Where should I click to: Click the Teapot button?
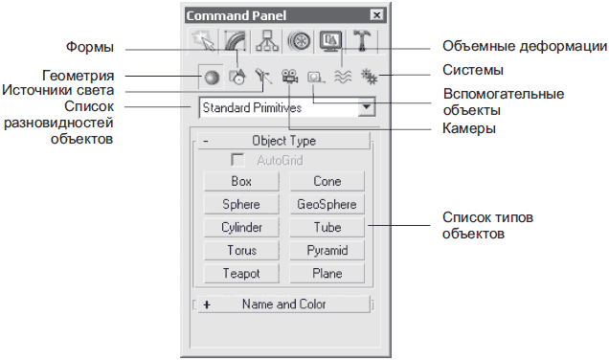pyautogui.click(x=241, y=274)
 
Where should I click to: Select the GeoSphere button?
pyautogui.click(x=327, y=204)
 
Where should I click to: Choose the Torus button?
pyautogui.click(x=241, y=251)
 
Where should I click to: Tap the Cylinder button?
pyautogui.click(x=241, y=227)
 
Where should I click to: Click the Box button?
pyautogui.click(x=241, y=181)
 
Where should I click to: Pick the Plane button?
pyautogui.click(x=327, y=274)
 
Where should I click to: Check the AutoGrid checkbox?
pyautogui.click(x=237, y=160)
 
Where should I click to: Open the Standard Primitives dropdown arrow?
pyautogui.click(x=367, y=107)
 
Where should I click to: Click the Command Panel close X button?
pyautogui.click(x=376, y=15)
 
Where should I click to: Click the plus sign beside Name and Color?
pyautogui.click(x=207, y=304)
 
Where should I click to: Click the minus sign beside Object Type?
pyautogui.click(x=206, y=141)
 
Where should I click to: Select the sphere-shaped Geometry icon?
pyautogui.click(x=212, y=78)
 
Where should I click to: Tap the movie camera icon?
pyautogui.click(x=290, y=76)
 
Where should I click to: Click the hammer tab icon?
pyautogui.click(x=362, y=40)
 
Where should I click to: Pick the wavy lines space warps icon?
pyautogui.click(x=343, y=77)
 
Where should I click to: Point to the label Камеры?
pyautogui.click(x=469, y=128)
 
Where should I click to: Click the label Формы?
pyautogui.click(x=90, y=47)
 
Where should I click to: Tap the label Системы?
pyautogui.click(x=473, y=70)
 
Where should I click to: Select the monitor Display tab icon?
pyautogui.click(x=330, y=41)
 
